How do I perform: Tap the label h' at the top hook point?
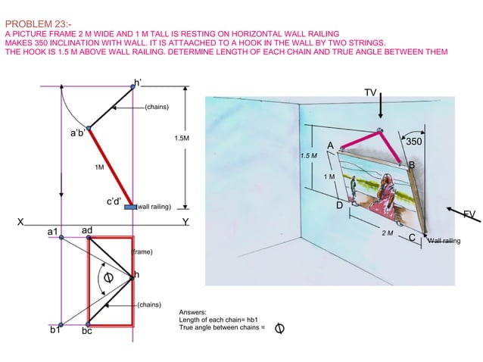[137, 82]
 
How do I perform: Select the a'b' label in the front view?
[78, 133]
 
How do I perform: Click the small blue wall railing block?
[130, 206]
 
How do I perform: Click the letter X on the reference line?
[23, 222]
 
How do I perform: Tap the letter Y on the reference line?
[185, 222]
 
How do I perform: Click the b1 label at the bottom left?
[55, 331]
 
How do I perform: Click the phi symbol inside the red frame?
[110, 279]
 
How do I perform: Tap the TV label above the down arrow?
[369, 92]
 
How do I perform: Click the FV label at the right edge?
[469, 215]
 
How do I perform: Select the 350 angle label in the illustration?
[415, 141]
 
